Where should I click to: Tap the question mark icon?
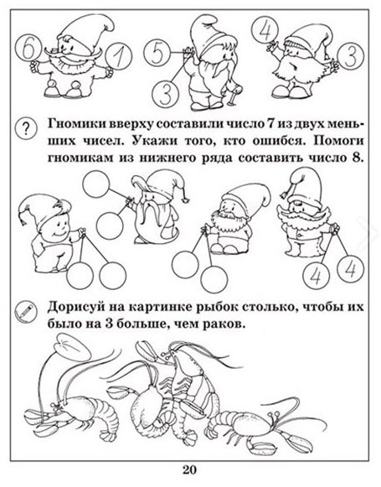(26, 128)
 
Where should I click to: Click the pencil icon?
(26, 311)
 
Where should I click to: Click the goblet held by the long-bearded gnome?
(234, 93)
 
